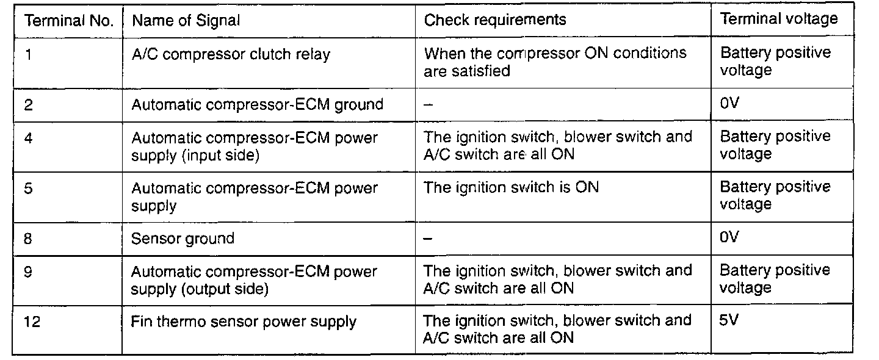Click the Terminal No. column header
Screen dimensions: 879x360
point(68,21)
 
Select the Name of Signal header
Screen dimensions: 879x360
point(186,21)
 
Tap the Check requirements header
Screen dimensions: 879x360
point(495,20)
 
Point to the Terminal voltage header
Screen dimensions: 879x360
point(779,19)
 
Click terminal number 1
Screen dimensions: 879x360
point(29,54)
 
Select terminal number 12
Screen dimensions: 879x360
point(32,322)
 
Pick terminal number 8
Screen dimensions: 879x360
point(29,238)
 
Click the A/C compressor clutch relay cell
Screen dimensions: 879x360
point(231,54)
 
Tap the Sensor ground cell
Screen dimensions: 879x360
point(183,238)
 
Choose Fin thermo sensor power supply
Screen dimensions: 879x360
point(244,322)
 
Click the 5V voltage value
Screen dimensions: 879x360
point(729,320)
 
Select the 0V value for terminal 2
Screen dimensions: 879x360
point(729,103)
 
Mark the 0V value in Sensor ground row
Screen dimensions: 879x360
point(729,237)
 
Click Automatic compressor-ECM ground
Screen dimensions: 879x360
point(257,104)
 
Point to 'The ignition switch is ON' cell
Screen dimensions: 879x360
point(511,187)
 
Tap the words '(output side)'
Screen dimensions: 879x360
point(224,289)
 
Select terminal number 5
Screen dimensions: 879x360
point(29,188)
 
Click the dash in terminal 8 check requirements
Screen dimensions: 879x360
point(429,239)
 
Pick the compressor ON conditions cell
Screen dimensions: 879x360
point(555,62)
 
